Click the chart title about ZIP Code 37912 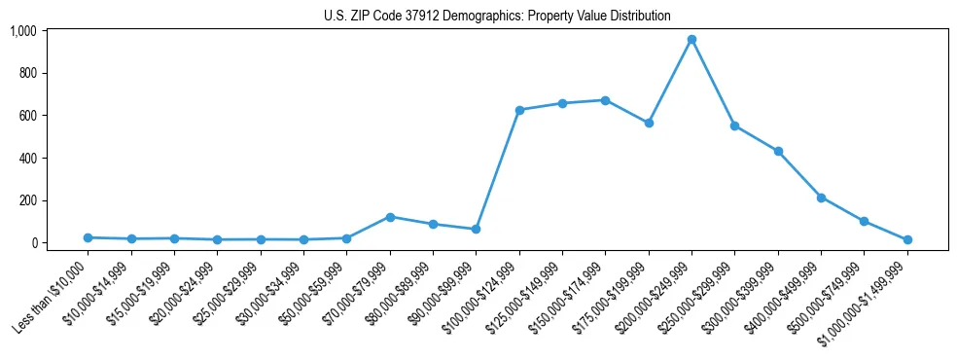point(497,16)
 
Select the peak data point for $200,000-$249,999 point(691,40)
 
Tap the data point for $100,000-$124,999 point(519,110)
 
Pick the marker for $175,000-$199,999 point(649,123)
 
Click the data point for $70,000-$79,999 point(390,217)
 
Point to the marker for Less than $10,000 point(88,237)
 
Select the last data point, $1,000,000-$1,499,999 point(907,239)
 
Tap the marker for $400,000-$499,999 point(821,198)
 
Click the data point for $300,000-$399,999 point(778,151)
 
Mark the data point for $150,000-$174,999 point(605,100)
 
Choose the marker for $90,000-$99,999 point(476,229)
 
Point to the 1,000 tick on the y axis point(22,31)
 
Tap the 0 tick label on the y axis point(33,243)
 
